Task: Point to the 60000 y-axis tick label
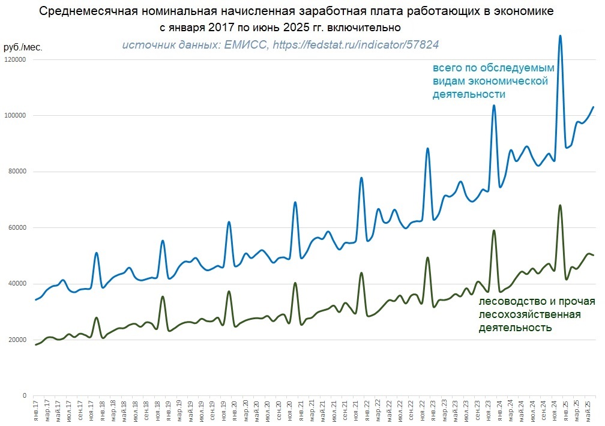tap(16, 227)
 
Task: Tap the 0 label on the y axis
tap(25, 396)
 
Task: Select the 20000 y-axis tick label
tap(16, 340)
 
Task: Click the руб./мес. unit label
tap(23, 47)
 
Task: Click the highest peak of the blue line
tap(560, 35)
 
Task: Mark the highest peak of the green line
tap(560, 205)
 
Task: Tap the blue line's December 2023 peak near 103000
tap(494, 106)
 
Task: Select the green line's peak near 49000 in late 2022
tap(427, 257)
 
